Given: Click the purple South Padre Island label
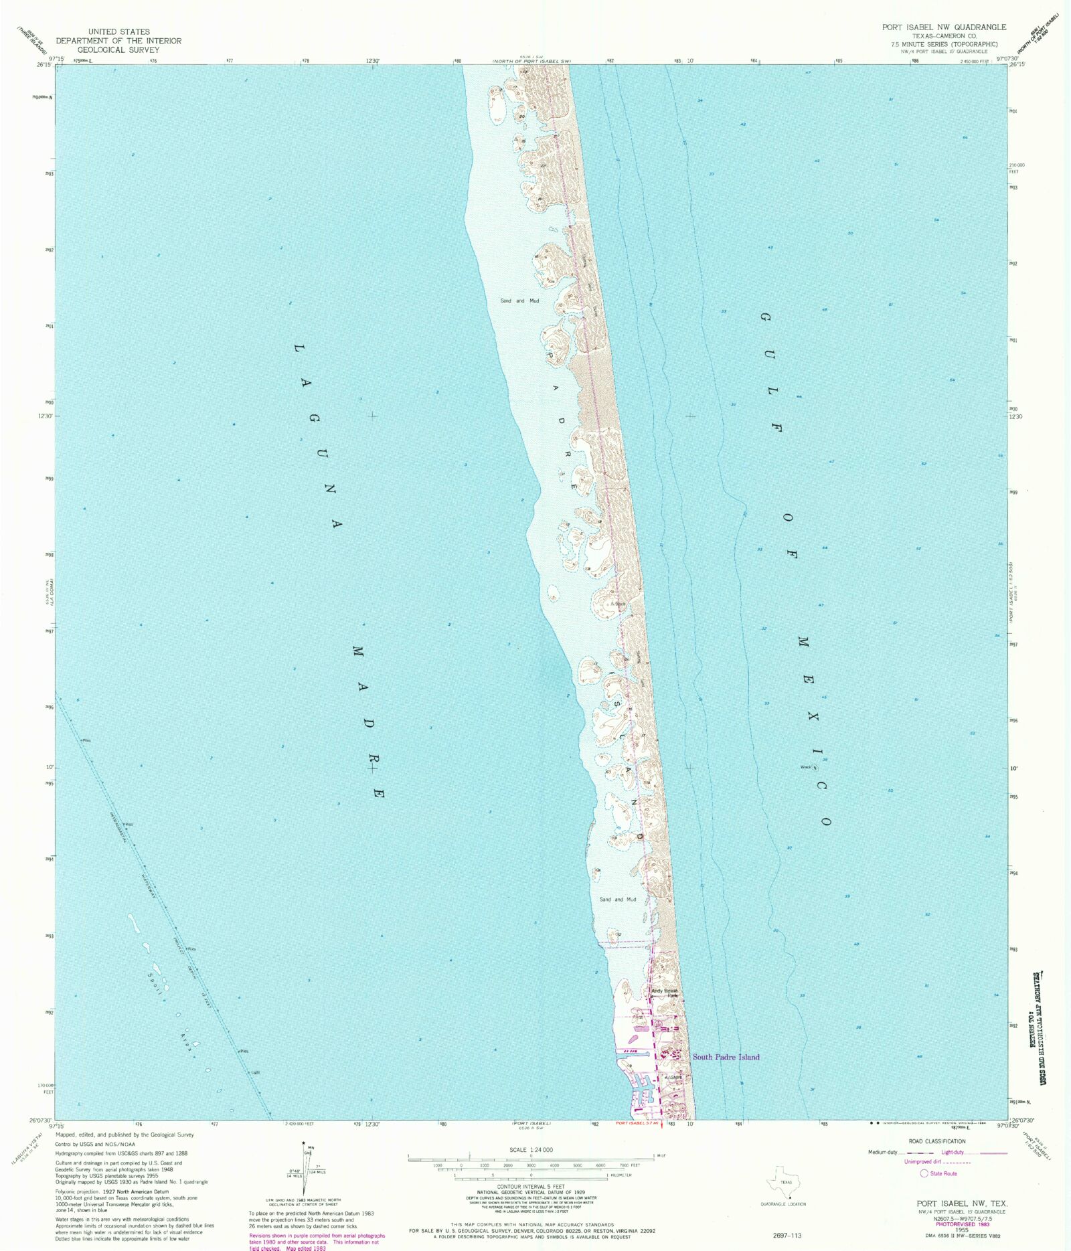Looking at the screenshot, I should (x=726, y=1057).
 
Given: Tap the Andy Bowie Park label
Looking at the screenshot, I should (x=665, y=993).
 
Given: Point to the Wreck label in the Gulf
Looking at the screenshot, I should (x=806, y=767).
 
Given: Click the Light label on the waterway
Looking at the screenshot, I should (x=255, y=1072).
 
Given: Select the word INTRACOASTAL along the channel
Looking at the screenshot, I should (x=118, y=827).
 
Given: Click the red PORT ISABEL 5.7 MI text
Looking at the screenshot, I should (x=632, y=1123).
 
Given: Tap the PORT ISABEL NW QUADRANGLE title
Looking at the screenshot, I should (x=944, y=27).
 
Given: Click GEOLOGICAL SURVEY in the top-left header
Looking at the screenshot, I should (x=118, y=50).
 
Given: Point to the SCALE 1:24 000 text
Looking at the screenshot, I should (x=531, y=1150).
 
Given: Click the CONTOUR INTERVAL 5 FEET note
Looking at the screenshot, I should (x=531, y=1187).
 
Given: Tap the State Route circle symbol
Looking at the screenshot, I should (x=924, y=1173).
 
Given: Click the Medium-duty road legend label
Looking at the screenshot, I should (x=882, y=1152).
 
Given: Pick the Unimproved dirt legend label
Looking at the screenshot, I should (x=922, y=1162).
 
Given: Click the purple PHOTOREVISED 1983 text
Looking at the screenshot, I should (x=963, y=1224).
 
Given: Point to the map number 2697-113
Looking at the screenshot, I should (x=787, y=1235).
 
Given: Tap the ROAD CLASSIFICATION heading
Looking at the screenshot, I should (x=937, y=1141).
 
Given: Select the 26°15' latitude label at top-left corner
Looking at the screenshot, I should (x=44, y=65).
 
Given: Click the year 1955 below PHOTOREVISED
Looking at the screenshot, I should (x=962, y=1230).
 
